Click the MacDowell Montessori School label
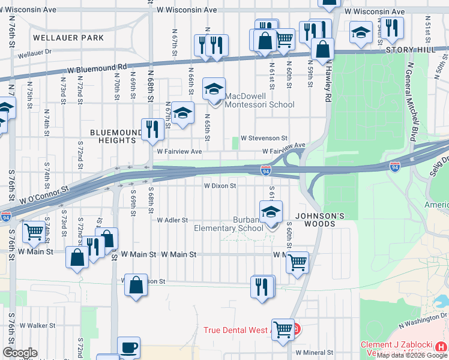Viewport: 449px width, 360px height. [259, 104]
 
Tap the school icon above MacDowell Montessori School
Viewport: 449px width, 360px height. [214, 89]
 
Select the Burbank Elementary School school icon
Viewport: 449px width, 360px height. [271, 212]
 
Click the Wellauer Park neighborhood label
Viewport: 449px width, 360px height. [68, 37]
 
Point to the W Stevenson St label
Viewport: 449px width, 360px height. [265, 138]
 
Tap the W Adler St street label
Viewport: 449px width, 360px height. [172, 220]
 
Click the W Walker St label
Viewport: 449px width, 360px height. [37, 325]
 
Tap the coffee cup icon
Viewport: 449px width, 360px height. [128, 348]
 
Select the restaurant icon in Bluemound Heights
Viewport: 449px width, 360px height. [151, 129]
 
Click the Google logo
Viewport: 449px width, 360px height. [20, 353]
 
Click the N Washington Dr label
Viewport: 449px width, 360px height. [424, 319]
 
